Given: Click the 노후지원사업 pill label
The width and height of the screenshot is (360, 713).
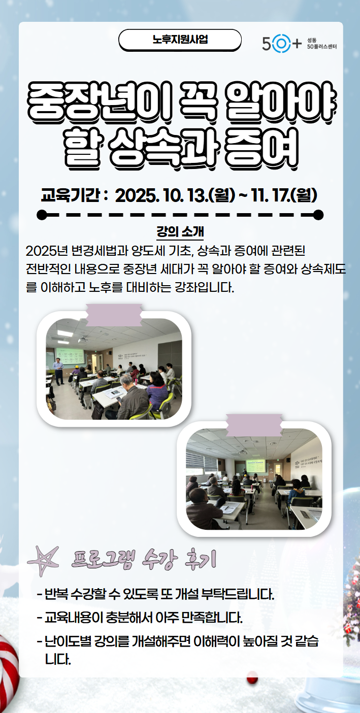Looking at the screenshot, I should click(x=180, y=40).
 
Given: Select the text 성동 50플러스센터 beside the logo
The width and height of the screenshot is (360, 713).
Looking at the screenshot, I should click(x=321, y=44).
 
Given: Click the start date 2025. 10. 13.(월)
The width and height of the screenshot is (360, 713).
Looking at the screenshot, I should click(x=175, y=194).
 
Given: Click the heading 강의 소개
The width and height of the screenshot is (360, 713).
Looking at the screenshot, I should click(x=180, y=233).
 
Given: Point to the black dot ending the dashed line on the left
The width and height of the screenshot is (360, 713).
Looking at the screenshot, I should click(x=42, y=215).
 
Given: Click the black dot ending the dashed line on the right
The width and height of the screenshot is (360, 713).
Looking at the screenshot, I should click(x=318, y=215).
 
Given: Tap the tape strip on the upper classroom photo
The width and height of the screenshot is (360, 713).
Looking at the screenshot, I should click(x=114, y=314).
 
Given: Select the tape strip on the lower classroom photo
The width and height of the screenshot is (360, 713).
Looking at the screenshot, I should click(x=254, y=425).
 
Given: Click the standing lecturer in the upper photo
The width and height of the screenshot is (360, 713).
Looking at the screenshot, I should click(x=59, y=370).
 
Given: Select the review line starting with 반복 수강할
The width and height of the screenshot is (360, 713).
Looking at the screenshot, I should click(x=156, y=593).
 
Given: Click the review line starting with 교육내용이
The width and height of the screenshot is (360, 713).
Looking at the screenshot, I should click(x=140, y=618).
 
